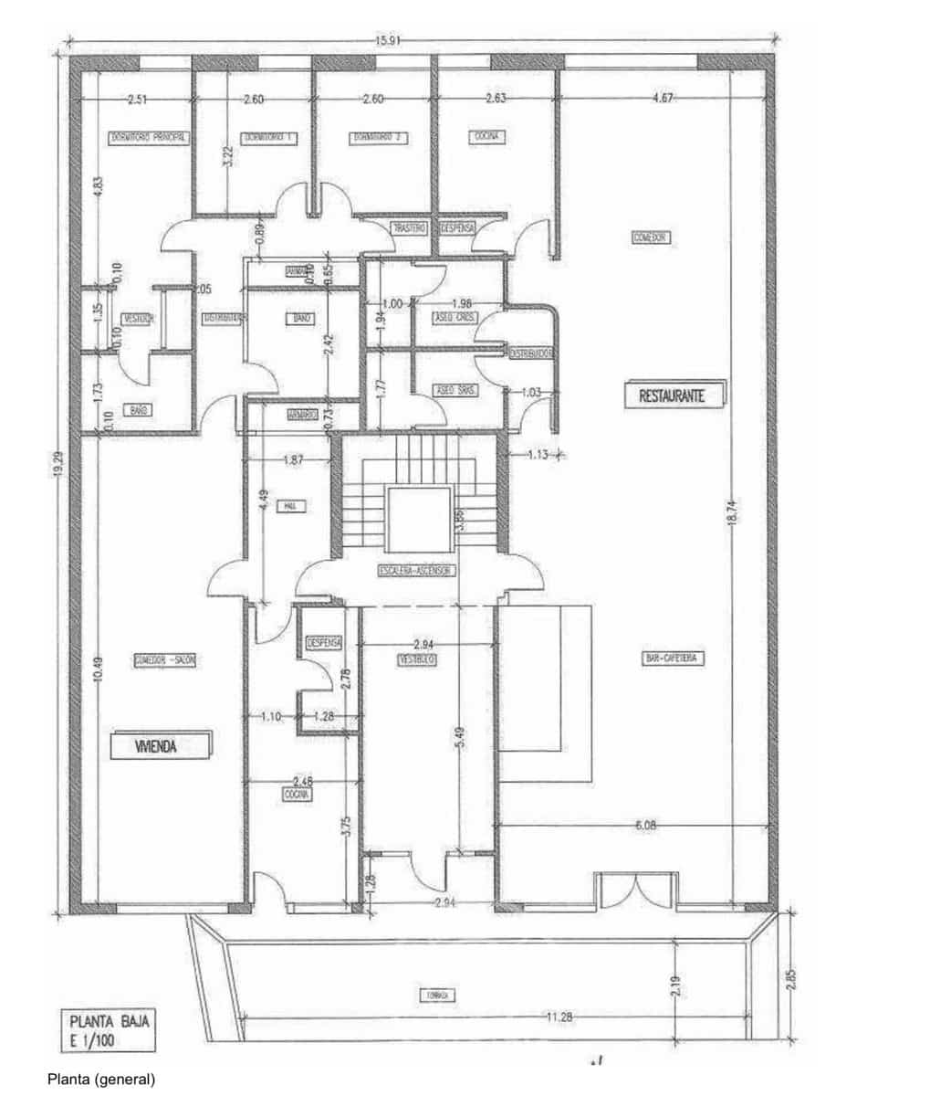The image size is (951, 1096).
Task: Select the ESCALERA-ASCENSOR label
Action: pyautogui.click(x=416, y=571)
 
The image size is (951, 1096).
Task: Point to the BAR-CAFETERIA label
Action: pyautogui.click(x=674, y=659)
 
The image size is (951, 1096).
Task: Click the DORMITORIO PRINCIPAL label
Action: pyautogui.click(x=149, y=137)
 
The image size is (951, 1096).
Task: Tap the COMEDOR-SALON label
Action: pyautogui.click(x=165, y=660)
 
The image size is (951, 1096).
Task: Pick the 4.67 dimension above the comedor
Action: pyautogui.click(x=664, y=98)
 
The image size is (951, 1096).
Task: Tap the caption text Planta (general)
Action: pyautogui.click(x=101, y=1080)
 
